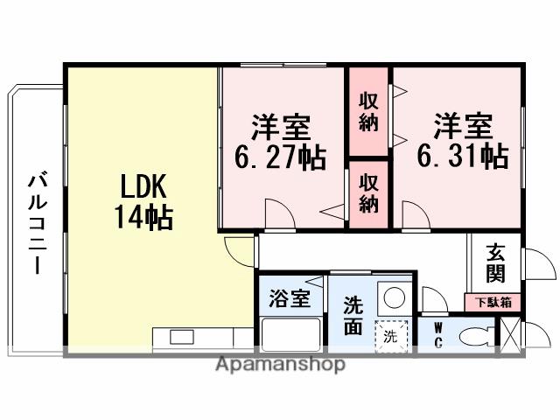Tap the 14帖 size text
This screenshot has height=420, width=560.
(142, 216)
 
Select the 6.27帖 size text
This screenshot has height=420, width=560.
(280, 157)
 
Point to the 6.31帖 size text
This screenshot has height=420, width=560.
(462, 157)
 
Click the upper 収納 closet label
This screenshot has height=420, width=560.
(369, 112)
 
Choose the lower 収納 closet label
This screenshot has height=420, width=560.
(369, 194)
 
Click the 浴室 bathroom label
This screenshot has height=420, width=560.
(289, 298)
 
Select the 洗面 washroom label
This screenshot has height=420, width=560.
(353, 314)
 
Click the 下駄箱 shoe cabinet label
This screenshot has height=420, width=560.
(493, 303)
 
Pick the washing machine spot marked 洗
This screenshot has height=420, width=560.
(390, 336)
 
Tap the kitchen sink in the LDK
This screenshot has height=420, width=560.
(182, 337)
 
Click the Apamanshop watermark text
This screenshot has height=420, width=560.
(280, 364)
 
